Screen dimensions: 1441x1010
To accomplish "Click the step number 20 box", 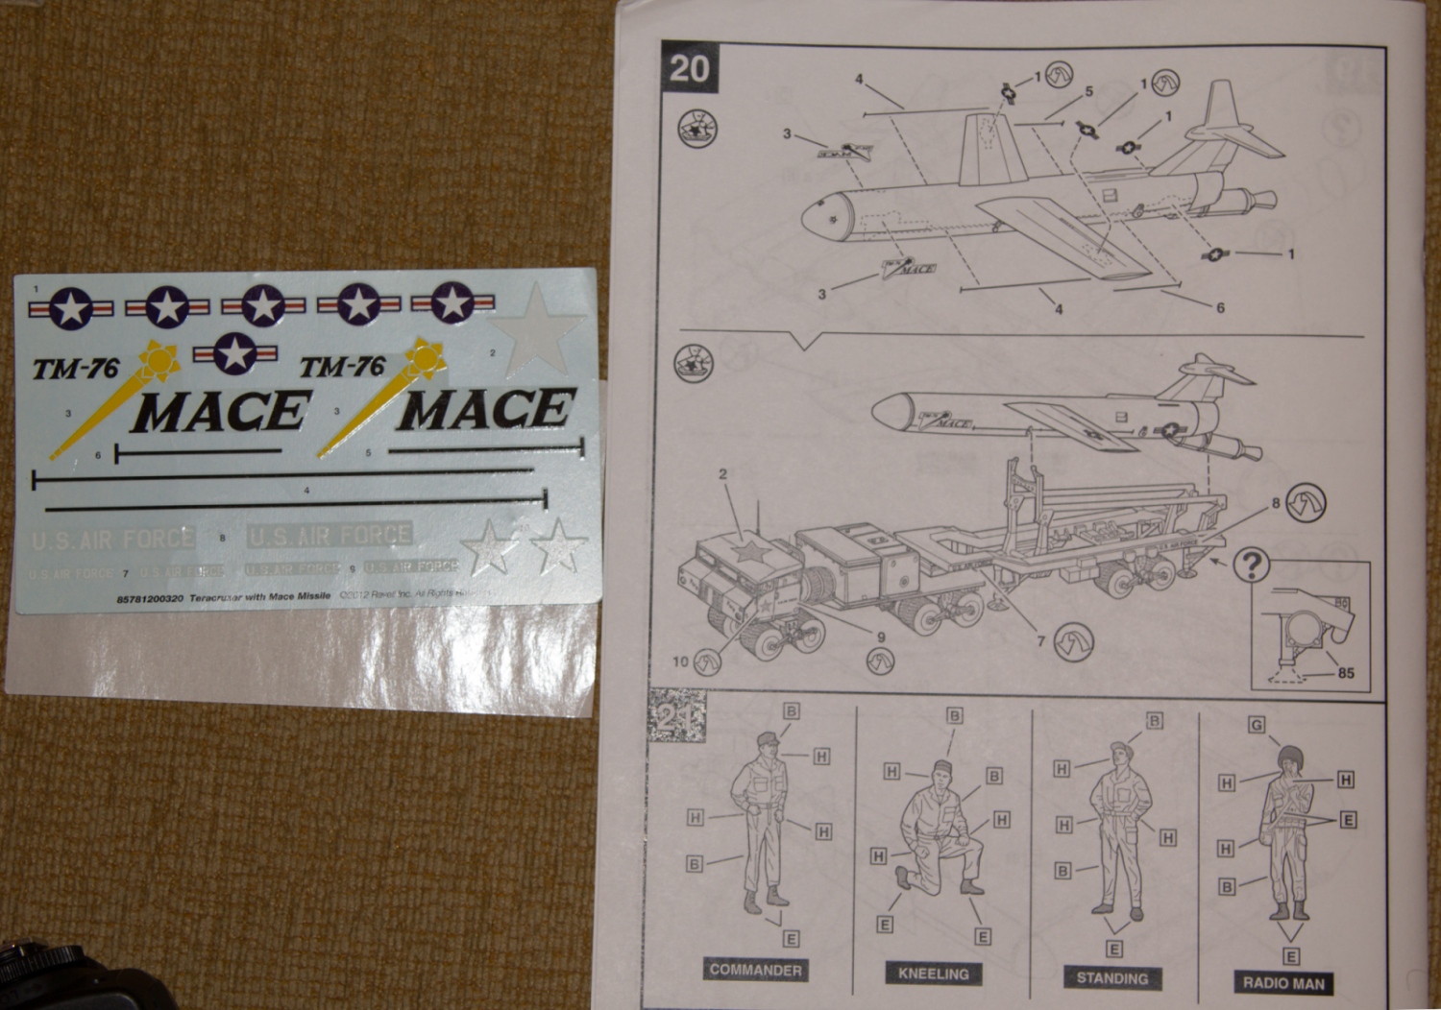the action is click(x=689, y=68).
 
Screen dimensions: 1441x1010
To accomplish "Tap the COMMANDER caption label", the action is click(x=755, y=970).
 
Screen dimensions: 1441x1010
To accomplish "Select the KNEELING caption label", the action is click(x=933, y=974).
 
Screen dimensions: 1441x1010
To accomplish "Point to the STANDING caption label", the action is click(x=1111, y=978).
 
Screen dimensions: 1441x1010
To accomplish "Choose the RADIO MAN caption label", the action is click(x=1282, y=982).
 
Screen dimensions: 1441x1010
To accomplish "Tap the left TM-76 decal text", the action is click(x=75, y=369).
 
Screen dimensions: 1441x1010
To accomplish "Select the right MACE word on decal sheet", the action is click(x=486, y=409).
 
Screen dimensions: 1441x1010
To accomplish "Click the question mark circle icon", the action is click(x=1251, y=565).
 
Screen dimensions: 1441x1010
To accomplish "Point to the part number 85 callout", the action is click(x=1345, y=673).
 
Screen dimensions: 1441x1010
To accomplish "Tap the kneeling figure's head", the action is click(x=940, y=770).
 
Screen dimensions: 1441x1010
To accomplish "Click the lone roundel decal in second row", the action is click(x=233, y=353).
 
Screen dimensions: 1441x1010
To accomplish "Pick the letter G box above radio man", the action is click(x=1257, y=724).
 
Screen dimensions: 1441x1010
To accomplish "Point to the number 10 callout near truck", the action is click(x=680, y=661).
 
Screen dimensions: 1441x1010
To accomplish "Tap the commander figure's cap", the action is click(x=769, y=739).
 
